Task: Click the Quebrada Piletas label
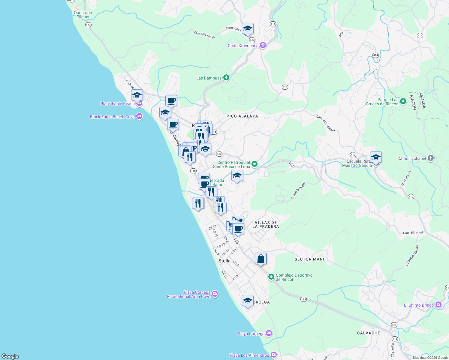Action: [x=83, y=15]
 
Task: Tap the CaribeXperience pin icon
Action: [x=263, y=46]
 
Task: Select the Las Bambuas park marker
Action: [x=226, y=78]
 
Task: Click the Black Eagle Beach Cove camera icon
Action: [x=139, y=117]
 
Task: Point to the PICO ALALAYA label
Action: [x=242, y=116]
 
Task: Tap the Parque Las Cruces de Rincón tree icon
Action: [x=403, y=101]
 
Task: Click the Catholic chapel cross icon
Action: [x=430, y=158]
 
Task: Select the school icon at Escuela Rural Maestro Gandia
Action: [x=376, y=157]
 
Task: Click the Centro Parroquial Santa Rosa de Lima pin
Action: [x=255, y=164]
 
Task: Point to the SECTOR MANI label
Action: [x=309, y=259]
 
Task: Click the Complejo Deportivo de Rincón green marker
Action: [x=271, y=277]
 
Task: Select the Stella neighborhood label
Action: [x=224, y=261]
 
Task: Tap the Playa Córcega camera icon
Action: [x=269, y=333]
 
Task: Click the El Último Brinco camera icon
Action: [x=438, y=305]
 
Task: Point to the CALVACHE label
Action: [x=369, y=333]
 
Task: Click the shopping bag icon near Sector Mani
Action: [x=261, y=259]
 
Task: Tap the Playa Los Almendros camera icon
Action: [x=273, y=355]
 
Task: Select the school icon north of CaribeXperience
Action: [x=248, y=29]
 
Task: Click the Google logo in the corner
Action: [x=10, y=356]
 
